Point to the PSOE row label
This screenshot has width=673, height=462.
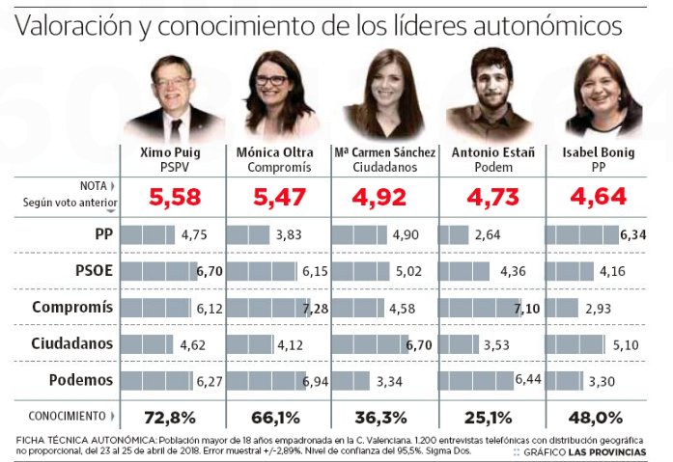[x=94, y=272]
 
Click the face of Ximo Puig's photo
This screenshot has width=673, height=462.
[x=174, y=86]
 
